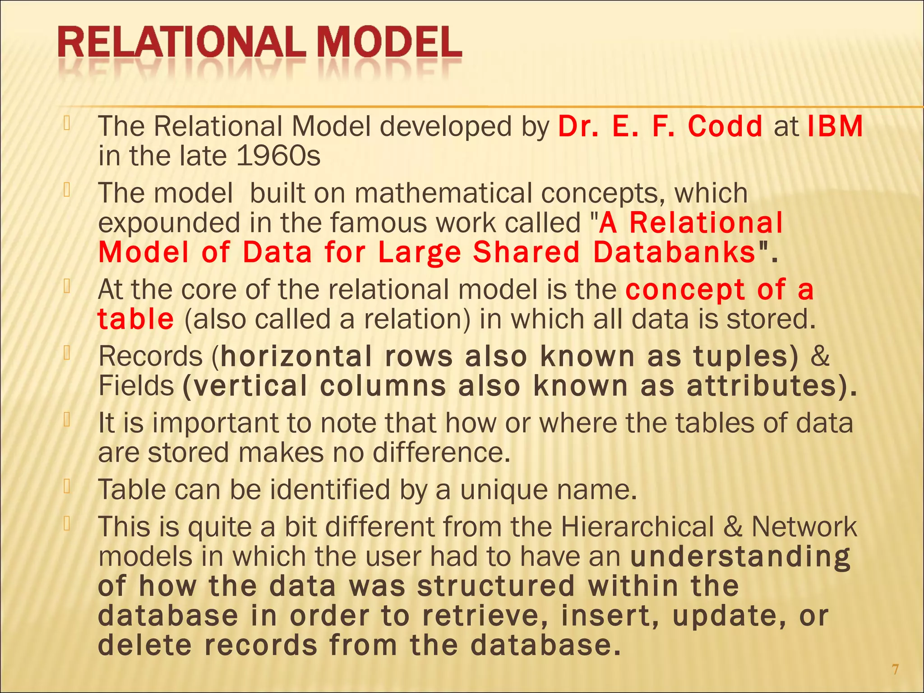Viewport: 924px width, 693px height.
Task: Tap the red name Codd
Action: pos(725,126)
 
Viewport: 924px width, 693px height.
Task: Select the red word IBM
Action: pos(835,126)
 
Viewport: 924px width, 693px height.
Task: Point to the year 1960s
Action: pos(278,156)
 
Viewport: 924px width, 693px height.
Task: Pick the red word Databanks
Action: pos(675,252)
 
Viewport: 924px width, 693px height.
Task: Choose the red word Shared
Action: pos(526,252)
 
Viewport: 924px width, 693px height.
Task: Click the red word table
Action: pos(135,319)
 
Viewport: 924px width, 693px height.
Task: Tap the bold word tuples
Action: pos(741,356)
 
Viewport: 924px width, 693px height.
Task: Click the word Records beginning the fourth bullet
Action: pos(151,356)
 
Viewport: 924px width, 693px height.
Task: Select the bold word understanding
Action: pos(740,557)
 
